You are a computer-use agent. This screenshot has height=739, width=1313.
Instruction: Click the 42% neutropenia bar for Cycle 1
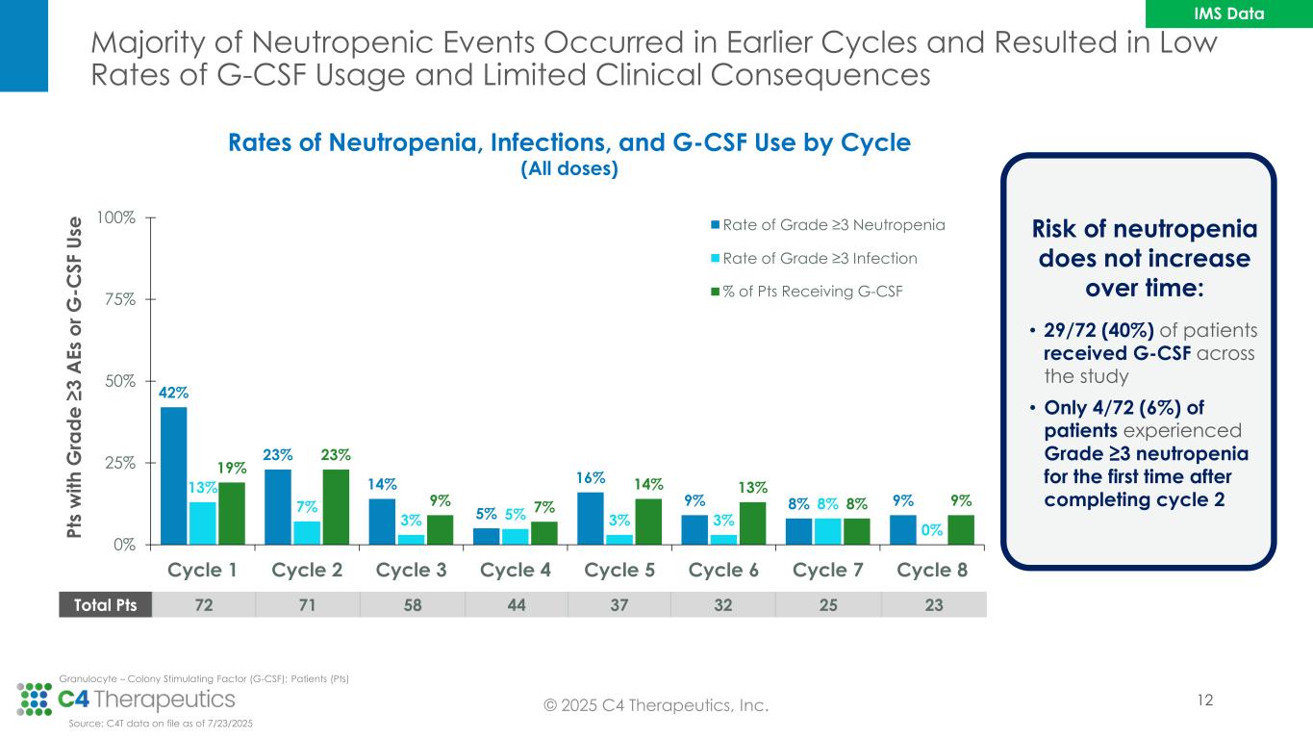(174, 474)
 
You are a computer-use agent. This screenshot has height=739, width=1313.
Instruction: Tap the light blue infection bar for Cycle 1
(203, 522)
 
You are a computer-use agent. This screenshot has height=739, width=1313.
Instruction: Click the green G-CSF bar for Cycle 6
(753, 522)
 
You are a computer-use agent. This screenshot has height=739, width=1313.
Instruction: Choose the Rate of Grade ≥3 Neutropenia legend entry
(827, 225)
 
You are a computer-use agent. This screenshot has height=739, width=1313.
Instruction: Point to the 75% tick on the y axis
(120, 299)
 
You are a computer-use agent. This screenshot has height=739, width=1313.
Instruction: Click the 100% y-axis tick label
(116, 217)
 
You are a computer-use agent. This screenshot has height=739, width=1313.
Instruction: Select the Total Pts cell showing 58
(412, 604)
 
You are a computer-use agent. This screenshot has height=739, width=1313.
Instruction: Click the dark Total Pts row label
(106, 604)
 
